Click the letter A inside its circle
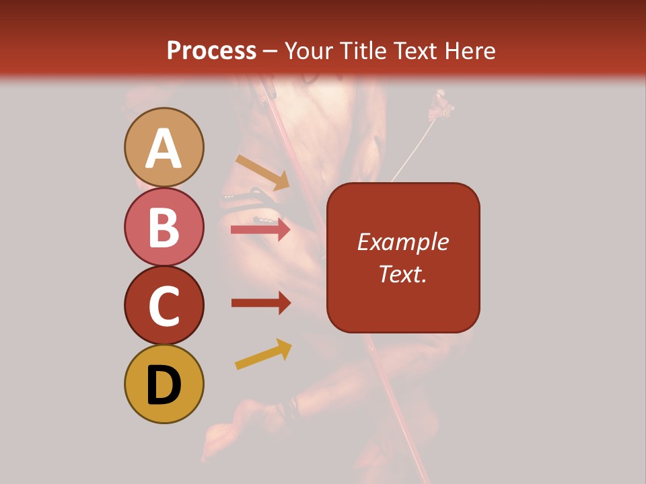pos(164,148)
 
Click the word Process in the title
pos(211,50)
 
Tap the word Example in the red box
pos(403,242)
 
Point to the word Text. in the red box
pos(403,274)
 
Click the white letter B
pos(164,227)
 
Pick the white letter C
pos(164,306)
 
